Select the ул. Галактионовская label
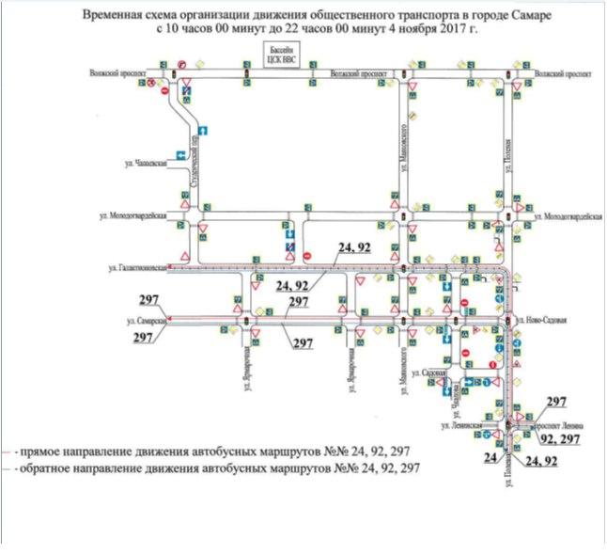[138, 268]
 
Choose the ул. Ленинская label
[465, 425]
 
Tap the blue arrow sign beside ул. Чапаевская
[178, 156]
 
